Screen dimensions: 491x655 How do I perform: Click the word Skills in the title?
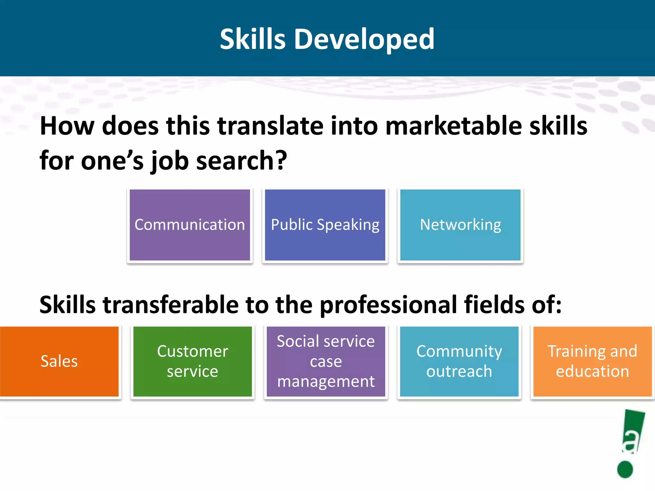click(x=252, y=39)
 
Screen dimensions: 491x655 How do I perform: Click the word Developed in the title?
click(x=364, y=39)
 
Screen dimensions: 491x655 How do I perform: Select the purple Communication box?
click(x=190, y=225)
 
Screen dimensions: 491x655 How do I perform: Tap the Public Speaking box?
click(x=325, y=225)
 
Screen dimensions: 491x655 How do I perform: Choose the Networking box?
click(x=460, y=225)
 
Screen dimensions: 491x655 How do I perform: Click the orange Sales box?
click(x=59, y=361)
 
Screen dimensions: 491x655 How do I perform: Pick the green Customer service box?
click(x=193, y=361)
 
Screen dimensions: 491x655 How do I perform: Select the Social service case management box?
click(x=326, y=361)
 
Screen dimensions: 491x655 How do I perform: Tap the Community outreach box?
click(x=459, y=361)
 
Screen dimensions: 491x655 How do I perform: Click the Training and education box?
click(x=592, y=361)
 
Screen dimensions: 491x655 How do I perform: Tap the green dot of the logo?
click(x=625, y=469)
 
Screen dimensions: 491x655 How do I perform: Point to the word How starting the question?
click(x=67, y=126)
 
